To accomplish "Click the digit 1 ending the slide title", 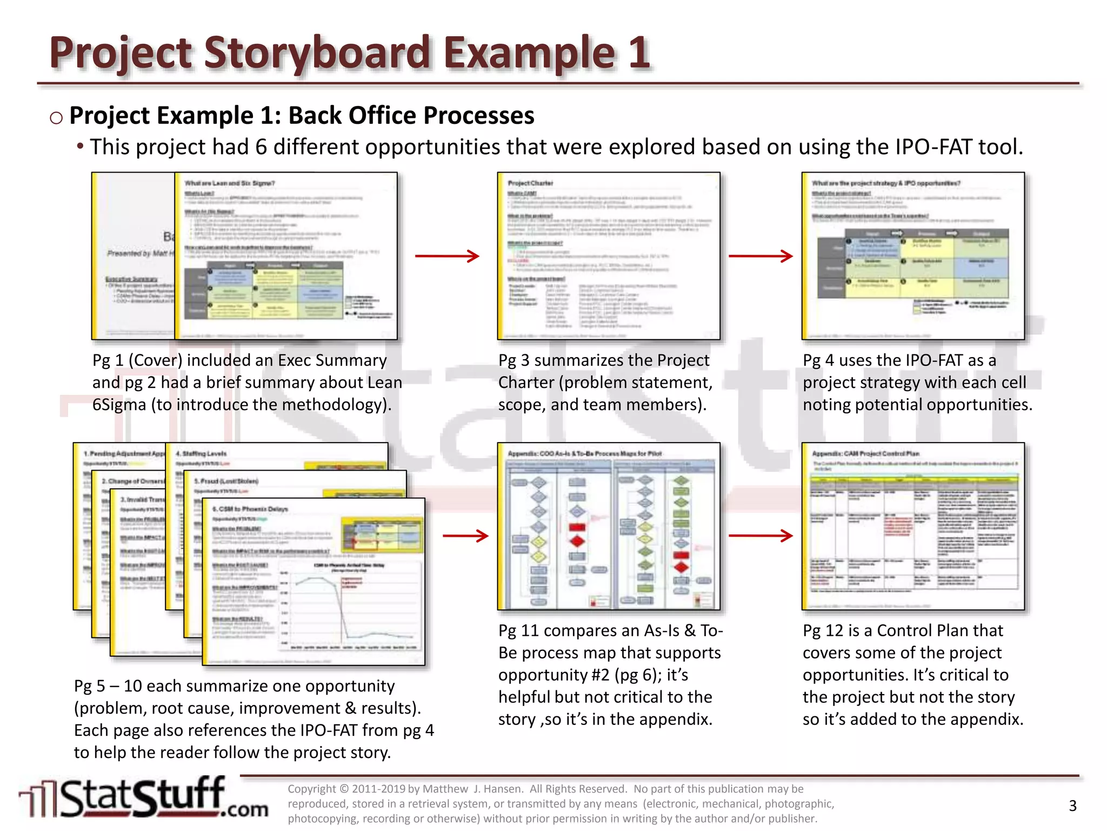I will pyautogui.click(x=639, y=52).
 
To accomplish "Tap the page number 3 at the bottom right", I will pyautogui.click(x=1072, y=806).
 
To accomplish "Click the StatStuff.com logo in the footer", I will pyautogui.click(x=143, y=798).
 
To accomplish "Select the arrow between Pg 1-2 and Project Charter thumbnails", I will pyautogui.click(x=447, y=256).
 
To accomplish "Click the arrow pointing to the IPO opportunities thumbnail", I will pyautogui.click(x=760, y=256).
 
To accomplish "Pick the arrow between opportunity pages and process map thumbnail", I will pyautogui.click(x=465, y=536).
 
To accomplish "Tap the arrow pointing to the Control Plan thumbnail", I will pyautogui.click(x=760, y=536).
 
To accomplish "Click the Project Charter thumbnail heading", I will pyautogui.click(x=530, y=183).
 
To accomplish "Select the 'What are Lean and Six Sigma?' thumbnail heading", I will pyautogui.click(x=230, y=183).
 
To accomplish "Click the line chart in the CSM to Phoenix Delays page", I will pyautogui.click(x=349, y=606).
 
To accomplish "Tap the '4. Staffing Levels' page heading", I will pyautogui.click(x=201, y=453).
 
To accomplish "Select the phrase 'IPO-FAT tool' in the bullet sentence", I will pyautogui.click(x=959, y=147).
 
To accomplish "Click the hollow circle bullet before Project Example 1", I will pyautogui.click(x=56, y=117).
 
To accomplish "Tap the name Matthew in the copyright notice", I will pyautogui.click(x=445, y=789).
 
